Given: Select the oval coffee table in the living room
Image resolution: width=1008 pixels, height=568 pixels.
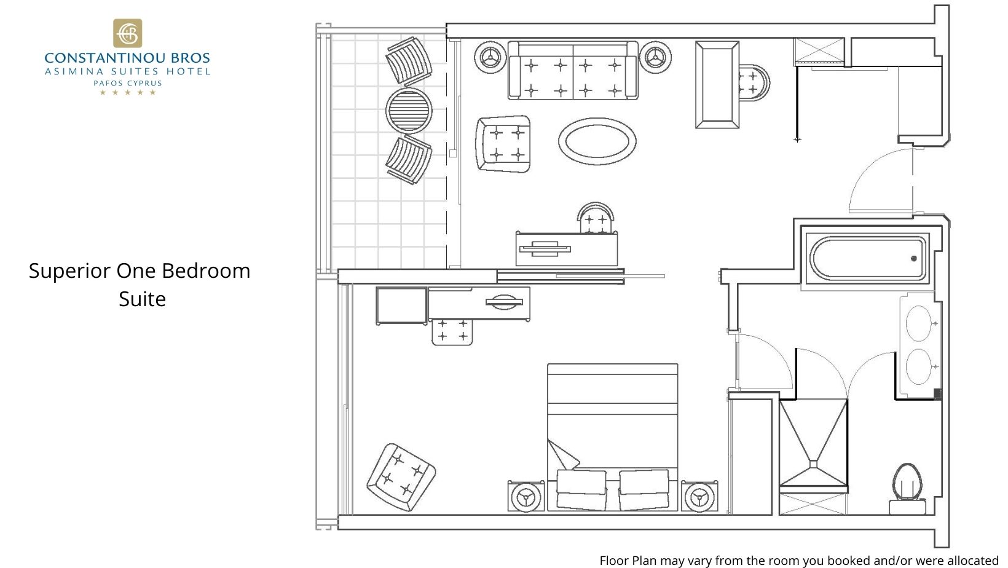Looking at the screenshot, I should (x=597, y=141).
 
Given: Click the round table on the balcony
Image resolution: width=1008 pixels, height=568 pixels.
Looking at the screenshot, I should (x=409, y=111).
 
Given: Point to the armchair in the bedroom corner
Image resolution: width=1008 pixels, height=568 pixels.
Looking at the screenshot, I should (x=401, y=477).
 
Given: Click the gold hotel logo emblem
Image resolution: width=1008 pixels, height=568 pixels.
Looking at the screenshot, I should (x=127, y=33).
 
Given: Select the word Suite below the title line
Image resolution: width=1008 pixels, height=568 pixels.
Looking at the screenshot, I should (x=142, y=299).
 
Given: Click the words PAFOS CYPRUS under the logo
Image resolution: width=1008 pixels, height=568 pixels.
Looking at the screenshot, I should (x=127, y=83).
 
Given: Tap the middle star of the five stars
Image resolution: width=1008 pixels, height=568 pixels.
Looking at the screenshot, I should (x=127, y=93).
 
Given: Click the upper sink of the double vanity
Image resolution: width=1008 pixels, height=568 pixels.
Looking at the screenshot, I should (x=919, y=323).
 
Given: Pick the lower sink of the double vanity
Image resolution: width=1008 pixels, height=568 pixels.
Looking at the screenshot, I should (x=919, y=367).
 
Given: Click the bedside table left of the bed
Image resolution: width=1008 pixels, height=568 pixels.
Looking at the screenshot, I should (x=526, y=496).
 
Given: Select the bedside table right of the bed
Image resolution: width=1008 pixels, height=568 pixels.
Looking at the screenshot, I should (x=699, y=496).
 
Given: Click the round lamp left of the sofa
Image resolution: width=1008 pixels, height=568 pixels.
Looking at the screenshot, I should (x=490, y=58).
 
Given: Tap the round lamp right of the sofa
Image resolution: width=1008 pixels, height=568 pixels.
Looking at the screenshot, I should (x=655, y=58).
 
